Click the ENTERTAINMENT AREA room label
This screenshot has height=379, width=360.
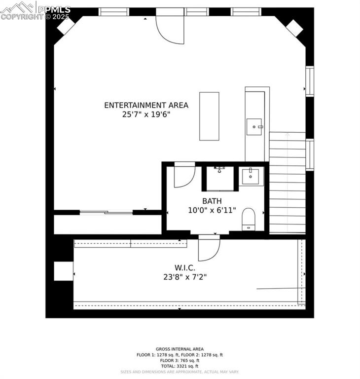pos(146,105)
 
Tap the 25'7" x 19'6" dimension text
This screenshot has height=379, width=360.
pos(146,114)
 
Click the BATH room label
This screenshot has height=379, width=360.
pos(212,201)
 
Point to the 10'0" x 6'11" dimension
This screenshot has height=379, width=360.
pos(212,210)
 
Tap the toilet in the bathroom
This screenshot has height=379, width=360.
pos(249,219)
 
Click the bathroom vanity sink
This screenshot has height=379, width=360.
pos(252,176)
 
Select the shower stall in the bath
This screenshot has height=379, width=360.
pos(220,178)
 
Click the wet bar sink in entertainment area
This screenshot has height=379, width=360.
pos(254,127)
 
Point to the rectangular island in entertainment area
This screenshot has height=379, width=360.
pos(209,116)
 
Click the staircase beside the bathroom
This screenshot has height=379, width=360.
pos(287,183)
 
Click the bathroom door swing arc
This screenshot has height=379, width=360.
pos(184,176)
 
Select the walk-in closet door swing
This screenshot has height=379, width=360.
pos(209,250)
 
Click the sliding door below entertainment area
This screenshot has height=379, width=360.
pos(106,213)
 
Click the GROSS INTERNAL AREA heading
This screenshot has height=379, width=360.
pos(180,349)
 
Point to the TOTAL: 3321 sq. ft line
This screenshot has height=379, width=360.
pos(180,366)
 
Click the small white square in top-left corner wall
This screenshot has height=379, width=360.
pos(66,26)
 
